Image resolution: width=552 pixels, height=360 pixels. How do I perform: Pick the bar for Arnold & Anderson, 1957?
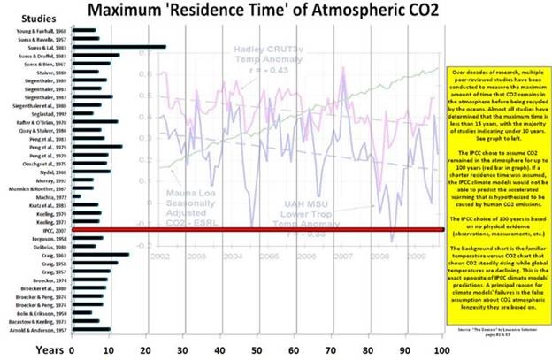[x=91, y=330]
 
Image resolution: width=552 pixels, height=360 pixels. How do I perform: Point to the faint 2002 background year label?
[x=159, y=254]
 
